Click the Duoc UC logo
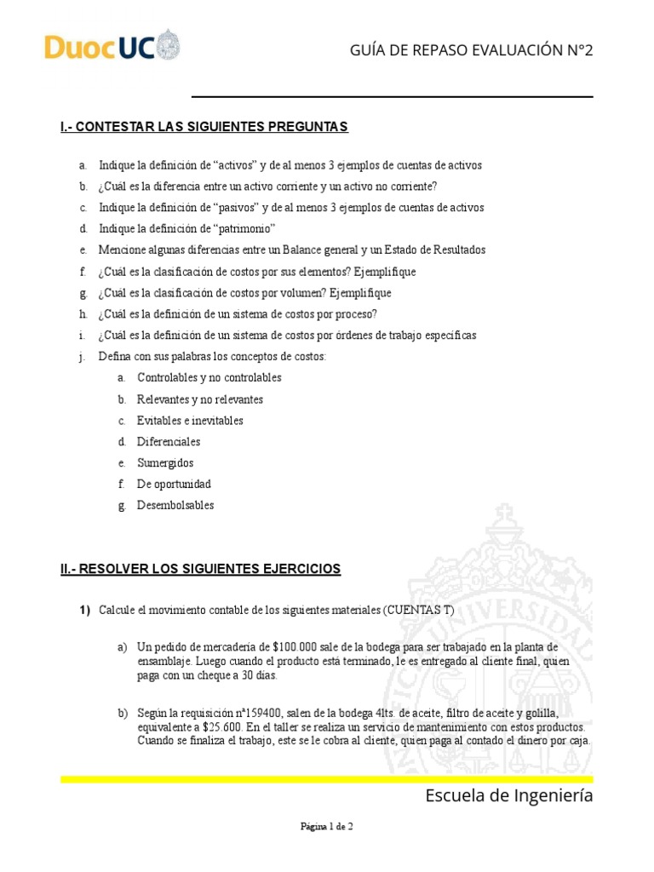tap(112, 47)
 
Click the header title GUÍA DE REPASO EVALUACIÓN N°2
tap(471, 50)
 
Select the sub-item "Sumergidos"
tap(165, 462)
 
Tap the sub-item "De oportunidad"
tap(174, 484)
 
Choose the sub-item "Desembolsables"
tap(175, 505)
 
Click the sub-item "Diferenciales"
tap(169, 441)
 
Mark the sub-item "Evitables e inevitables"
tap(190, 421)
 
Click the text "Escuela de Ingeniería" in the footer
tap(508, 796)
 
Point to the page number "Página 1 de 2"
tap(326, 826)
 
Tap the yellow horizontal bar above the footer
tap(326, 778)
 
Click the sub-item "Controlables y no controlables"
tap(209, 377)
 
